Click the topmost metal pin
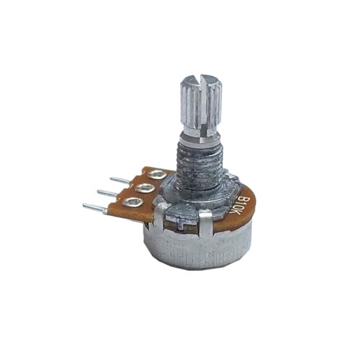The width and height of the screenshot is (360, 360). (x=120, y=179)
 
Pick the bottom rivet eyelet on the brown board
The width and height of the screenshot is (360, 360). (x=132, y=202)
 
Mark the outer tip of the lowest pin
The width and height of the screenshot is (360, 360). (x=85, y=207)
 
